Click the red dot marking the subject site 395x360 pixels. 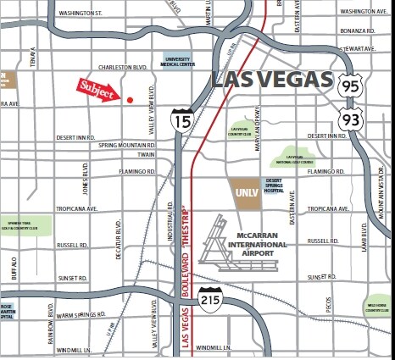point(130,99)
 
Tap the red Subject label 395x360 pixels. point(96,90)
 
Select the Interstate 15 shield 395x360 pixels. point(181,120)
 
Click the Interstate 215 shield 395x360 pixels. point(210,298)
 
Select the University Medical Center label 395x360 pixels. point(180,60)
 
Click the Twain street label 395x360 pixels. point(146,156)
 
